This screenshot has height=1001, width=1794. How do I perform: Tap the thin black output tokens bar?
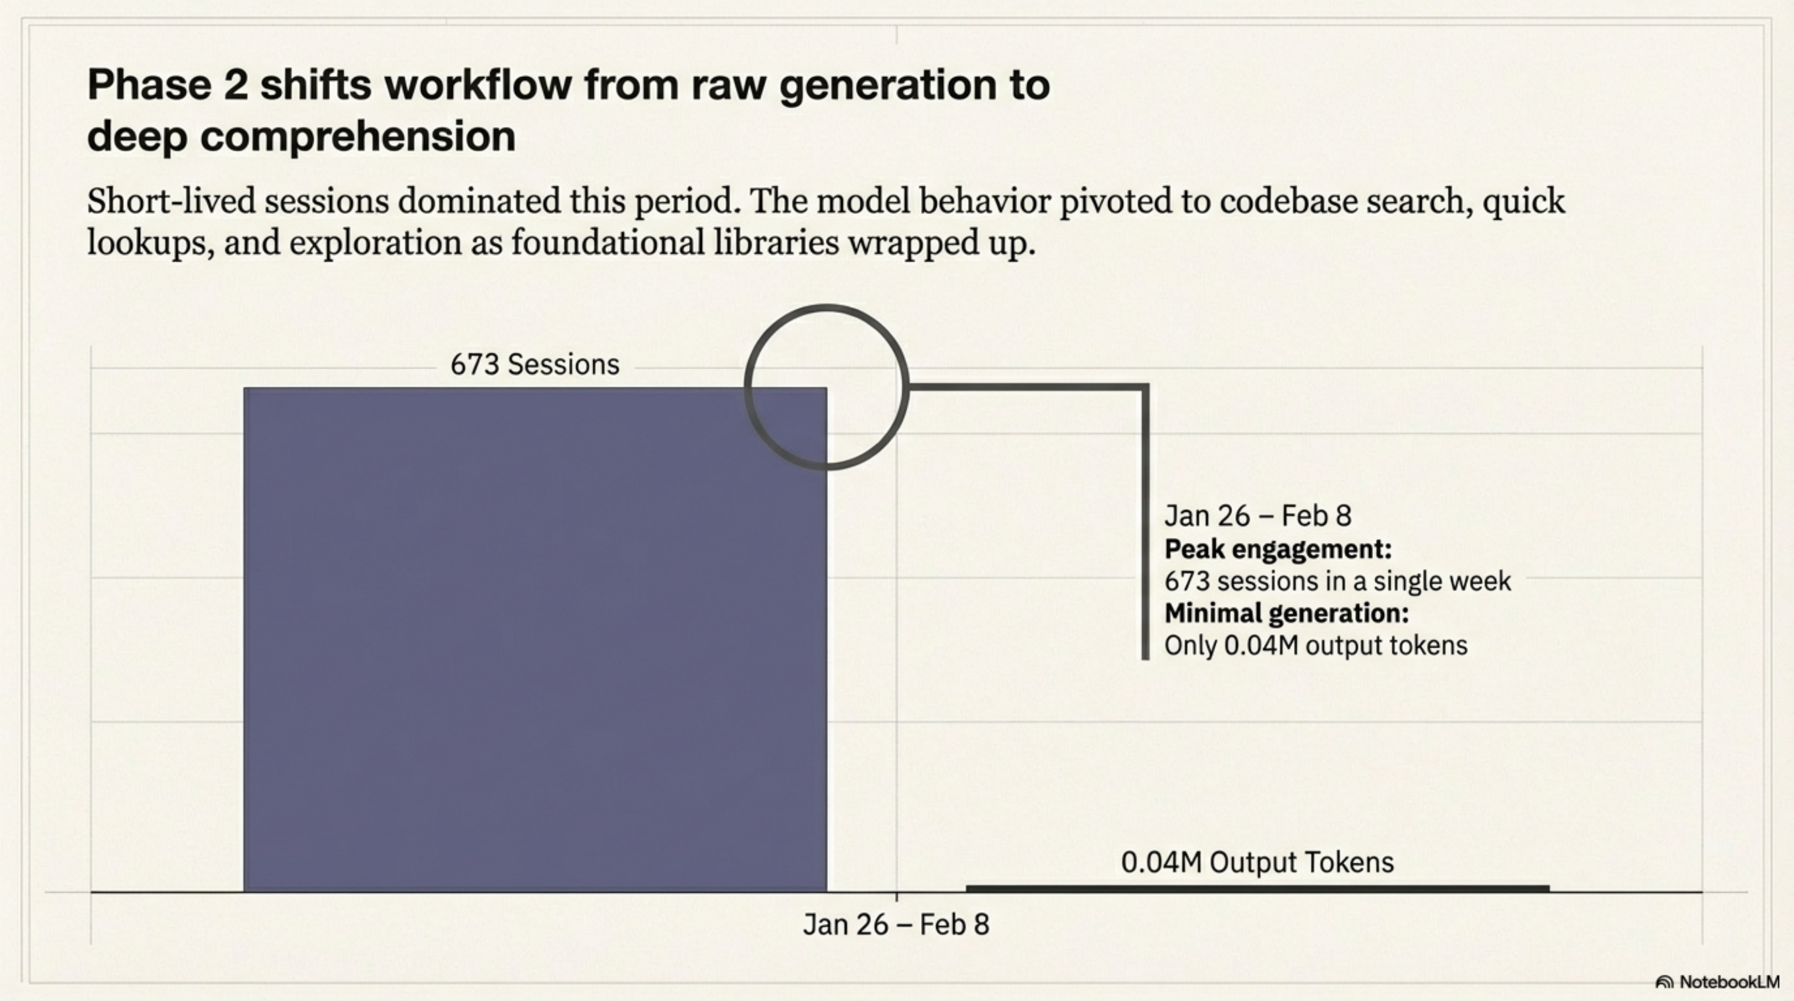pos(1257,888)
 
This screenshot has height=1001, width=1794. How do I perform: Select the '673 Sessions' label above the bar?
pos(535,365)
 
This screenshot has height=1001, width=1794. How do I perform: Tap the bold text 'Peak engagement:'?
pos(1278,549)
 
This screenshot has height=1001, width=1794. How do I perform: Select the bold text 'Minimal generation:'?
pos(1287,613)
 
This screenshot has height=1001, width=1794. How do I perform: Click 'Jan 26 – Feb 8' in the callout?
pos(1258,516)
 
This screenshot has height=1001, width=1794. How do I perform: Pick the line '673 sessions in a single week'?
pos(1337,581)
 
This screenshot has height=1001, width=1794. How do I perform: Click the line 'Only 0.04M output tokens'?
pos(1315,645)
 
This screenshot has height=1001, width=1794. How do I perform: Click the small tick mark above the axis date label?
pos(896,897)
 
